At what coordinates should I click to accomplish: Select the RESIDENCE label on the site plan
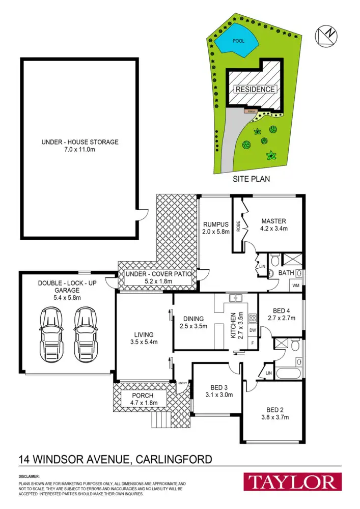point(256,89)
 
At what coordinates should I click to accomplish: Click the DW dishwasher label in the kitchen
point(252,330)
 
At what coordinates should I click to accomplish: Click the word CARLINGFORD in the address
point(173,460)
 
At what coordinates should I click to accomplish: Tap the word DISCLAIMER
point(30,477)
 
